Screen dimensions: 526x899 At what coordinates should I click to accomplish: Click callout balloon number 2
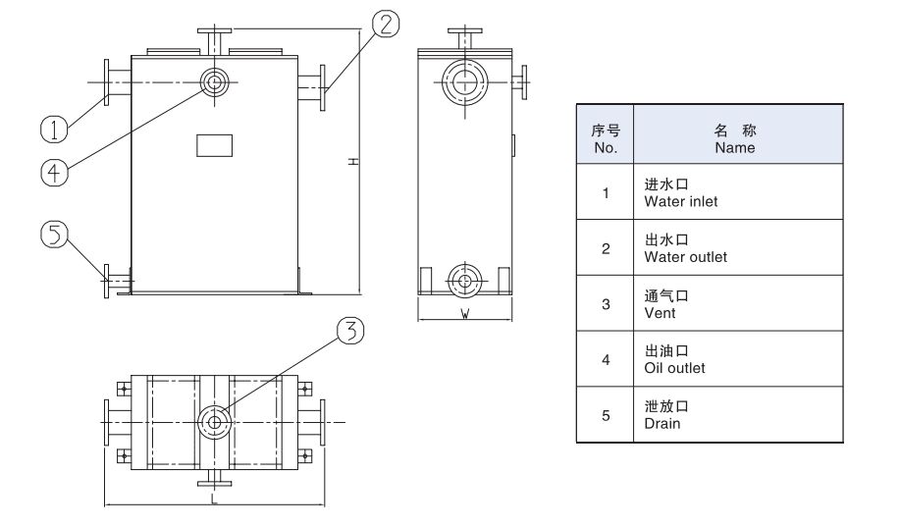click(387, 25)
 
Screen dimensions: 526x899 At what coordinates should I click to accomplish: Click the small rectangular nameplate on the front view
click(214, 144)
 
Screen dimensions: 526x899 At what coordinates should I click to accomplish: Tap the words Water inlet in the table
click(680, 201)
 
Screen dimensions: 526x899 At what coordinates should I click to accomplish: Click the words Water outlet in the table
click(685, 257)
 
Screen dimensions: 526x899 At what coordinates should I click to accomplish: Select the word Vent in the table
click(660, 313)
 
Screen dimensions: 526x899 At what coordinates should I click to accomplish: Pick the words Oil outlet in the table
click(674, 368)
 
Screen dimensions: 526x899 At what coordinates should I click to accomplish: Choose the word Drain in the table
click(661, 424)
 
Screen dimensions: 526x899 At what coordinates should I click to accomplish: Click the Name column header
click(734, 148)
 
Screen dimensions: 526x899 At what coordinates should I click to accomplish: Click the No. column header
click(606, 148)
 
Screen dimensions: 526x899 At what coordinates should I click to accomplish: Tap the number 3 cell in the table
click(606, 304)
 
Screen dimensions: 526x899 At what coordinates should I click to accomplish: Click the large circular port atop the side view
click(463, 83)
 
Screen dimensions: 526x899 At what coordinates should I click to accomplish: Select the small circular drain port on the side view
click(462, 280)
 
